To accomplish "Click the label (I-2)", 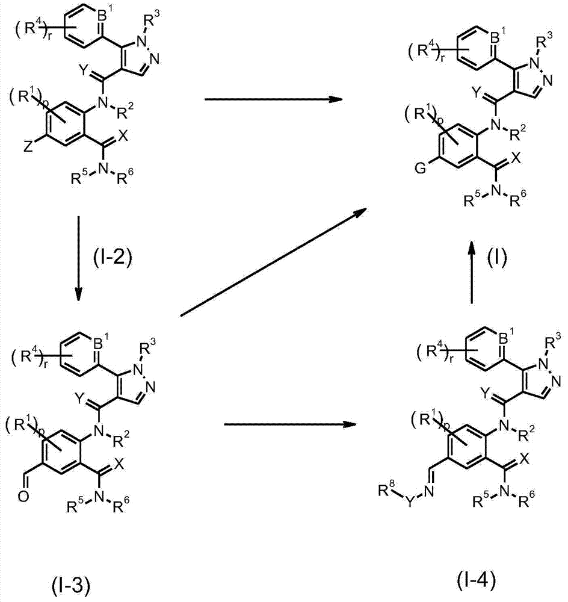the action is point(113,257).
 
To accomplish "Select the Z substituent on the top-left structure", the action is point(28,147).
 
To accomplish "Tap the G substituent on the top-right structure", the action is point(421,168).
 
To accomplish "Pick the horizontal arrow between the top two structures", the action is point(273,99).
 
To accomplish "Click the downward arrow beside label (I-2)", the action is point(78,258).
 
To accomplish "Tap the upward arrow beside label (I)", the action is point(472,273).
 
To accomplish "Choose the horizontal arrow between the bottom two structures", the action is point(290,424).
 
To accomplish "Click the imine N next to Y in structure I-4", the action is point(429,491).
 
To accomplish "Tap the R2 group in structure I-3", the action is point(122,439).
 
